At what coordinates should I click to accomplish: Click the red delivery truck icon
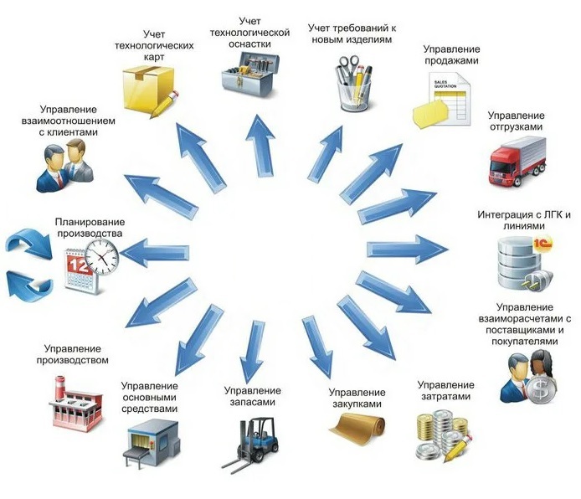(518, 162)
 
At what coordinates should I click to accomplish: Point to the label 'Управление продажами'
(451, 55)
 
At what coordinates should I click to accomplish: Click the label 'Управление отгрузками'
(516, 121)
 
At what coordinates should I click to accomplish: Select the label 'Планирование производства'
(89, 226)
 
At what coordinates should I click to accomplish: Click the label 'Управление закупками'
(357, 398)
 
